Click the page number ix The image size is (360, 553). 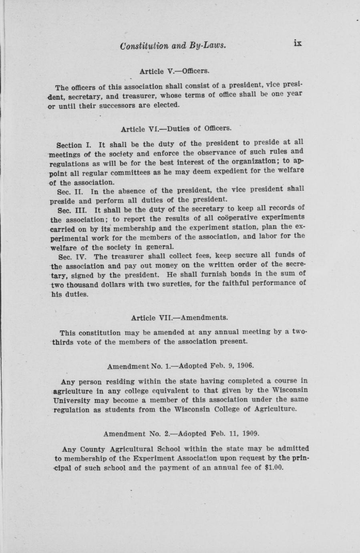[x=297, y=43]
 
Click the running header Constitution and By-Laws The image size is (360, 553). [x=173, y=46]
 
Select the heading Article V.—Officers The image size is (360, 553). [x=174, y=71]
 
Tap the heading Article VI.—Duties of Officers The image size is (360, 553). [x=176, y=129]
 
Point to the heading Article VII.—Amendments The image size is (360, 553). [x=179, y=318]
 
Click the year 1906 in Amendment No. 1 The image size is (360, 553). [x=245, y=365]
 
